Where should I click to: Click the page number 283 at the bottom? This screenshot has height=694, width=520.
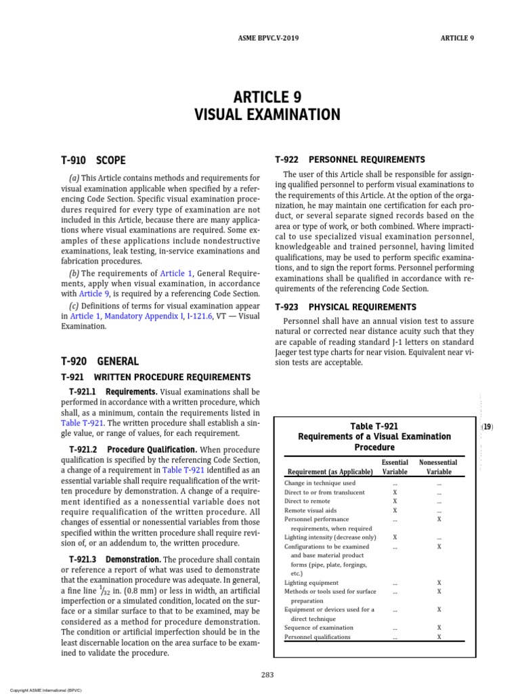pyautogui.click(x=267, y=674)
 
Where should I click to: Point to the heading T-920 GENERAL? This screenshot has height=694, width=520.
pyautogui.click(x=100, y=362)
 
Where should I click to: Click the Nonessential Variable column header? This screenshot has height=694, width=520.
pyautogui.click(x=439, y=467)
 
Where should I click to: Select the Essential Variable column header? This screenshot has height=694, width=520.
pyautogui.click(x=395, y=467)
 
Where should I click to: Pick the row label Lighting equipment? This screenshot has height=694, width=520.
pyautogui.click(x=311, y=582)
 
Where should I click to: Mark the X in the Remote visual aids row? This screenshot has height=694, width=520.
pyautogui.click(x=395, y=510)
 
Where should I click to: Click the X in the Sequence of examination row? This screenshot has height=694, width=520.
pyautogui.click(x=439, y=628)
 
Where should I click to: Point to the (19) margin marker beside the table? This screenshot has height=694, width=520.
pyautogui.click(x=486, y=428)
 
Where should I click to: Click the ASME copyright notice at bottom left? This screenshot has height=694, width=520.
pyautogui.click(x=41, y=690)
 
